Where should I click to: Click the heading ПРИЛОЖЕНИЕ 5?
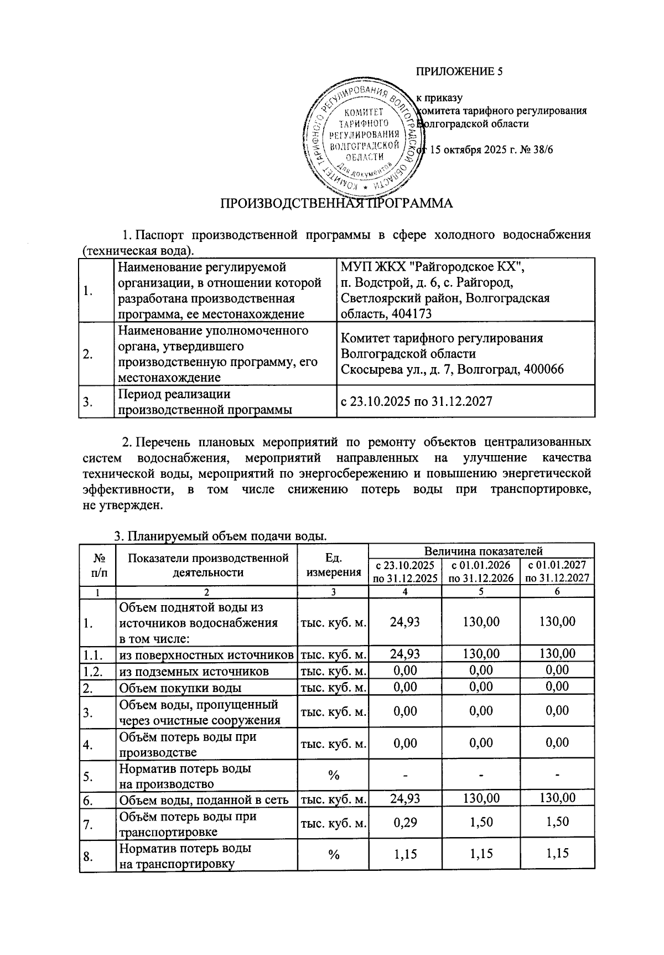459,71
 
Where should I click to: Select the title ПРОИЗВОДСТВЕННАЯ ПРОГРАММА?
336,203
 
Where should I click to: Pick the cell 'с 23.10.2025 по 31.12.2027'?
417,401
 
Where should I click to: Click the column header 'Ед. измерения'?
333,565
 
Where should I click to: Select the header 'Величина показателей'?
483,551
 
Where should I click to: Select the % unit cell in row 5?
333,776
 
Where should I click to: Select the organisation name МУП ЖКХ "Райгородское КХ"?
432,267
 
